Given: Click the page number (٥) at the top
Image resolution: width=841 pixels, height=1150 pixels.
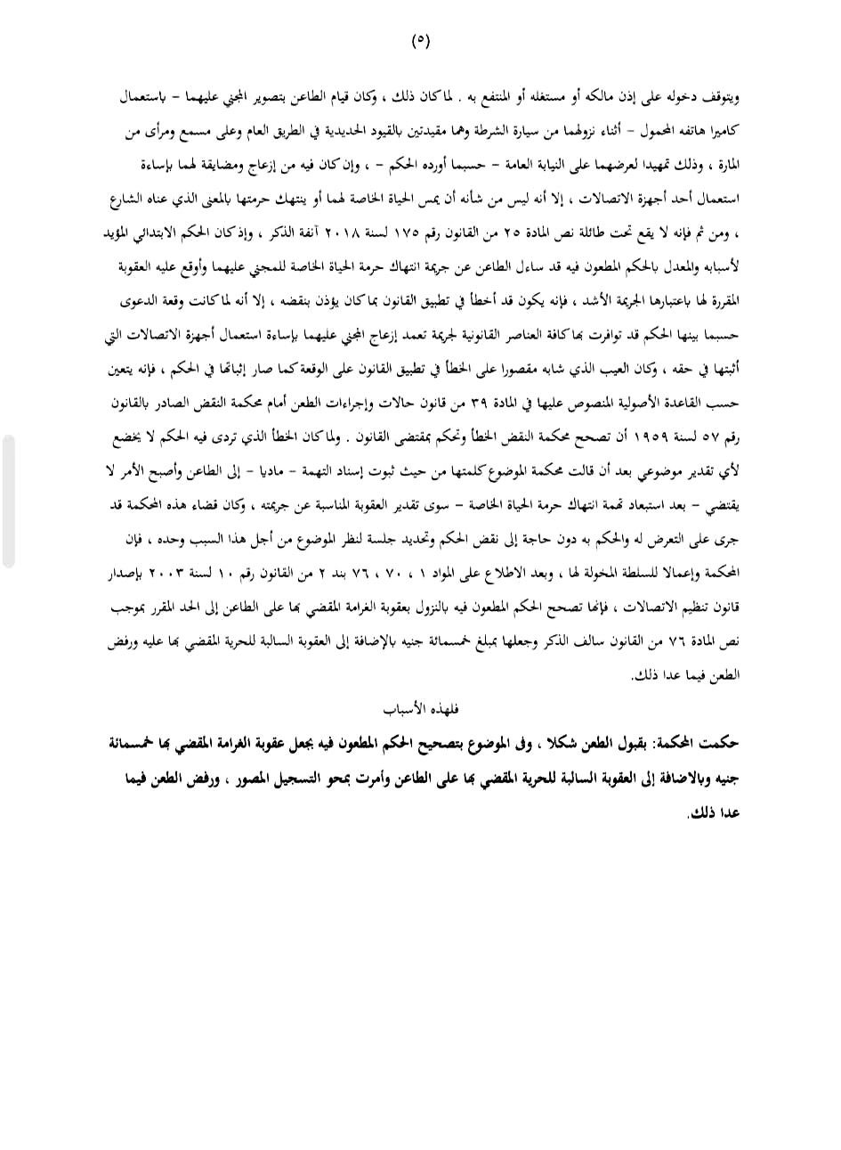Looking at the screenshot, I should tap(420, 41).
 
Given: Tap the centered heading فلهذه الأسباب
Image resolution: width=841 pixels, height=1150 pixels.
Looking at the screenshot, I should tap(420, 709).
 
